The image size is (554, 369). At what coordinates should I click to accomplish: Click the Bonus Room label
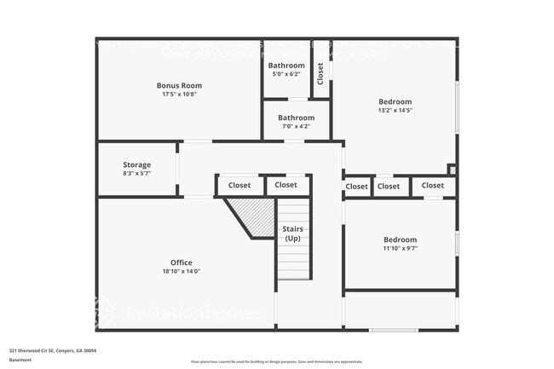[x=179, y=85]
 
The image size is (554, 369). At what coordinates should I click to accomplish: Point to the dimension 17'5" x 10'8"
[x=179, y=95]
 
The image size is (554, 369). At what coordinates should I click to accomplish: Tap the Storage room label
[x=136, y=164]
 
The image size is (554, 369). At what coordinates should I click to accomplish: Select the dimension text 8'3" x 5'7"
[x=136, y=174]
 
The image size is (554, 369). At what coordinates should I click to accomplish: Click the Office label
[x=181, y=262]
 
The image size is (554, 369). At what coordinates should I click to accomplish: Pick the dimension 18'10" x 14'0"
[x=181, y=272]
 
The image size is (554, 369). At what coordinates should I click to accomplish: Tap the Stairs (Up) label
[x=293, y=234]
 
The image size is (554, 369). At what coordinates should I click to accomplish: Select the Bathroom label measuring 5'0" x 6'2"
[x=286, y=66]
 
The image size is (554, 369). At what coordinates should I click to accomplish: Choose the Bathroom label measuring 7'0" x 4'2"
[x=297, y=118]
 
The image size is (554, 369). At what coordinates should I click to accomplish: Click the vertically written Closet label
[x=320, y=73]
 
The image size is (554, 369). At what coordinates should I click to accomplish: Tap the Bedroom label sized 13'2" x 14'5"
[x=395, y=101]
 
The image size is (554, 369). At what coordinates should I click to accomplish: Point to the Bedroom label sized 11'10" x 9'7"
[x=400, y=240]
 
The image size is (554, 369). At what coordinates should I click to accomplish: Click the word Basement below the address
[x=20, y=360]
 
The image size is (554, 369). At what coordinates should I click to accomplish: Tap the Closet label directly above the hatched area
[x=239, y=185]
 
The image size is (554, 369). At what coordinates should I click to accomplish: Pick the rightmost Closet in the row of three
[x=433, y=186]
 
